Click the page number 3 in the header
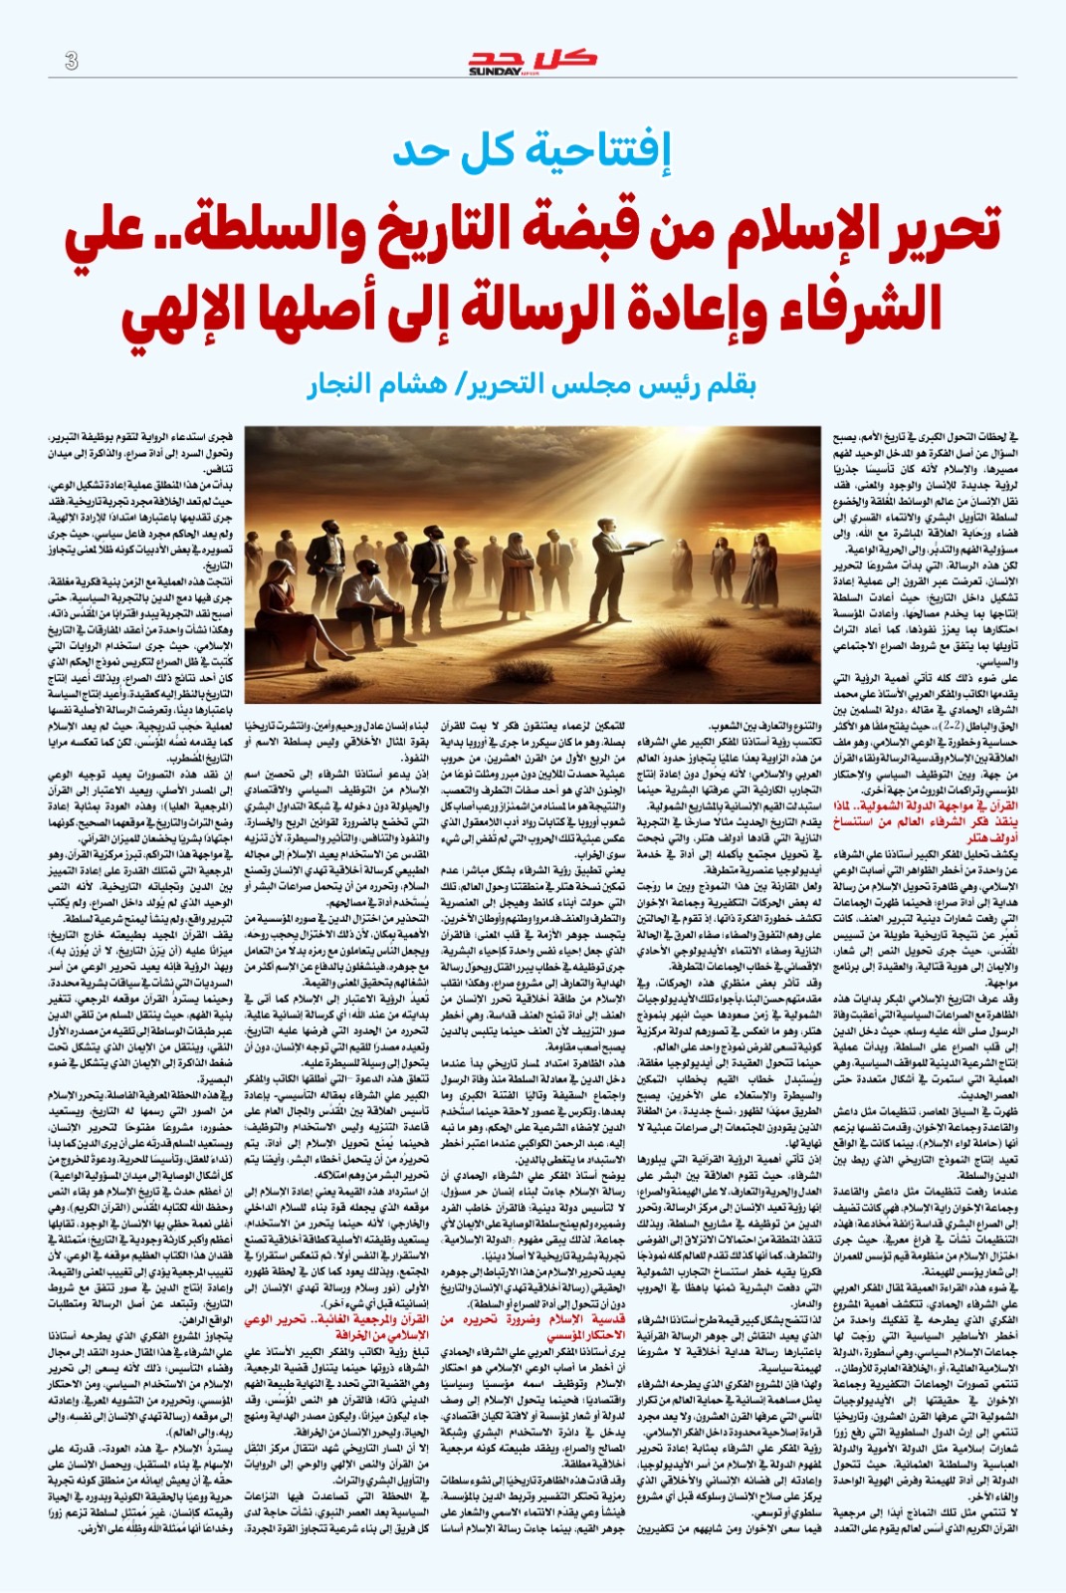[x=72, y=61]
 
